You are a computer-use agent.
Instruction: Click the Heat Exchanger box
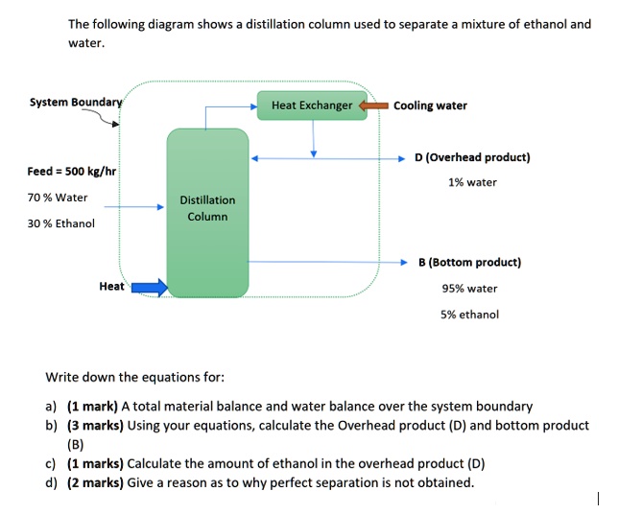click(312, 105)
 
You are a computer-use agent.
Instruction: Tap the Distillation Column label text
click(207, 208)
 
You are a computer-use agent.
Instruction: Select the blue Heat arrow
click(149, 286)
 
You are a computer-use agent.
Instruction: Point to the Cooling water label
click(430, 105)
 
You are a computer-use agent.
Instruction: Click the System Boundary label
click(76, 102)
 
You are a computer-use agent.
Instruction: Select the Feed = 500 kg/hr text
click(71, 172)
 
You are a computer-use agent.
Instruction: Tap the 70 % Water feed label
click(58, 198)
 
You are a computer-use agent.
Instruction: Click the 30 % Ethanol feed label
click(61, 223)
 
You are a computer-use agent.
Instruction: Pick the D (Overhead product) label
click(472, 157)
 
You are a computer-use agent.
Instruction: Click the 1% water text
click(472, 182)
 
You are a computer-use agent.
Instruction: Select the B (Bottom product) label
click(470, 262)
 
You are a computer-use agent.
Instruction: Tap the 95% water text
click(469, 288)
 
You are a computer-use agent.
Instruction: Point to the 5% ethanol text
click(470, 314)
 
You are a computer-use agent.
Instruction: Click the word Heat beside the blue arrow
click(111, 286)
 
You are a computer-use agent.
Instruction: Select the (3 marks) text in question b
click(95, 426)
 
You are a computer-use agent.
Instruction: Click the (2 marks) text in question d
click(95, 482)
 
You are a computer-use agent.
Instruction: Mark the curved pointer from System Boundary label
click(103, 116)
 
